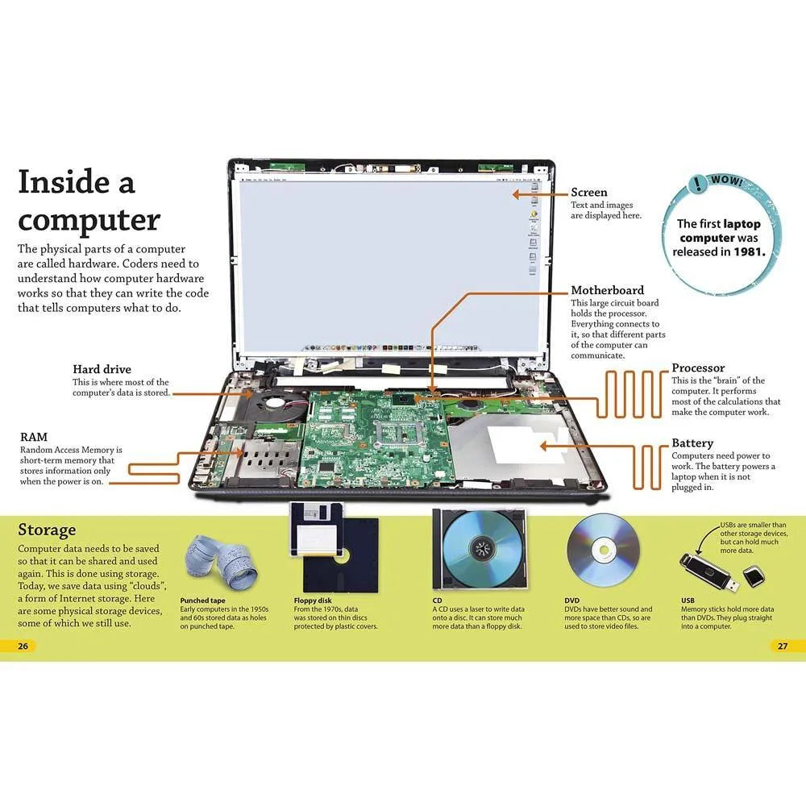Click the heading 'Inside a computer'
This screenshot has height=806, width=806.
[89, 201]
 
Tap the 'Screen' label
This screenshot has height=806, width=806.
[589, 193]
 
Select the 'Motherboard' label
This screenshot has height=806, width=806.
[607, 290]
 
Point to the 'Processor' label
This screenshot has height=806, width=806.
[698, 368]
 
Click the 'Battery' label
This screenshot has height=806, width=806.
[692, 443]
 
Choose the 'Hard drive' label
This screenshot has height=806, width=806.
[102, 370]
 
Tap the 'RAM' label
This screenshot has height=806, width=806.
[33, 436]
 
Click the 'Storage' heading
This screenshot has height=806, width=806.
[47, 530]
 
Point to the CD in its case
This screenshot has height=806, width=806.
[480, 551]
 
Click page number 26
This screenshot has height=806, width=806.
[23, 646]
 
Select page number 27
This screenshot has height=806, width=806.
[782, 646]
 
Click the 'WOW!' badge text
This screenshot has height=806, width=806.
[729, 182]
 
